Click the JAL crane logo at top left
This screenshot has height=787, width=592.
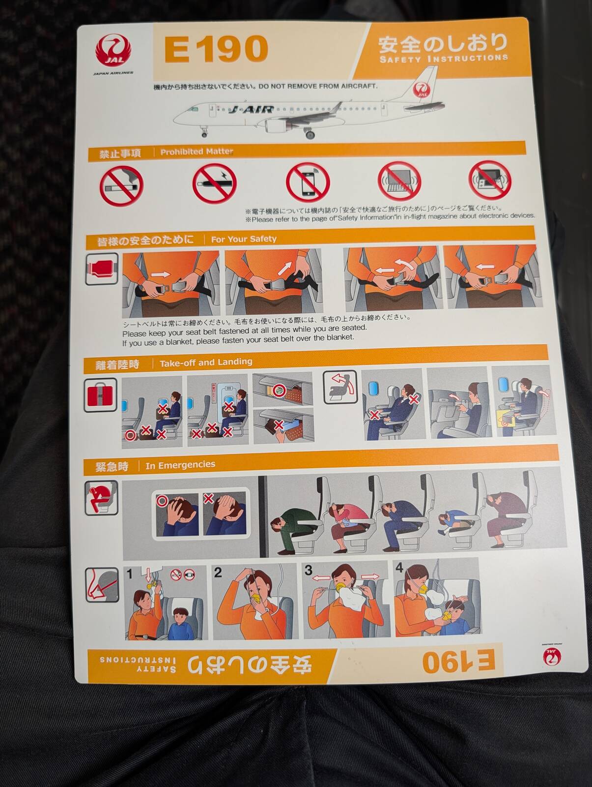pos(113,51)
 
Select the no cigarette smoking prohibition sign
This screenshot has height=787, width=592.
pos(121,185)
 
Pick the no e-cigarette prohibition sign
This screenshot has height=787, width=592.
pos(215,183)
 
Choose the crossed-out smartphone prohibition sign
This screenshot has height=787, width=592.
pos(308,182)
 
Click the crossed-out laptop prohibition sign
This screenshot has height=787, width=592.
pos(399,181)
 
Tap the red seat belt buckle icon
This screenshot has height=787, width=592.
pos(102,269)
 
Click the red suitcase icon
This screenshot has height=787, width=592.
pos(100,395)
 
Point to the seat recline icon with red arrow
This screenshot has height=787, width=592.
pos(340,388)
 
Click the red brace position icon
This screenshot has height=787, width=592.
pos(101,498)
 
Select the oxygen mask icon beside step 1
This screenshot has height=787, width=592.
pos(102,585)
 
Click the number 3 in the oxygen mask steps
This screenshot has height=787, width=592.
pos(309,571)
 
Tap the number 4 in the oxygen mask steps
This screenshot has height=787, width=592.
pos(399,568)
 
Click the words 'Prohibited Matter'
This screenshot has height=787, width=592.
pos(197,151)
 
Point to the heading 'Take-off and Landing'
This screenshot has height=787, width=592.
pos(206,363)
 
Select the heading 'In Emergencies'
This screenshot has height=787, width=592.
pos(180,465)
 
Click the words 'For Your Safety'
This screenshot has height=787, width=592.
pos(244,239)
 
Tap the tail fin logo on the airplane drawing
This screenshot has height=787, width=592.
pos(422,90)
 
